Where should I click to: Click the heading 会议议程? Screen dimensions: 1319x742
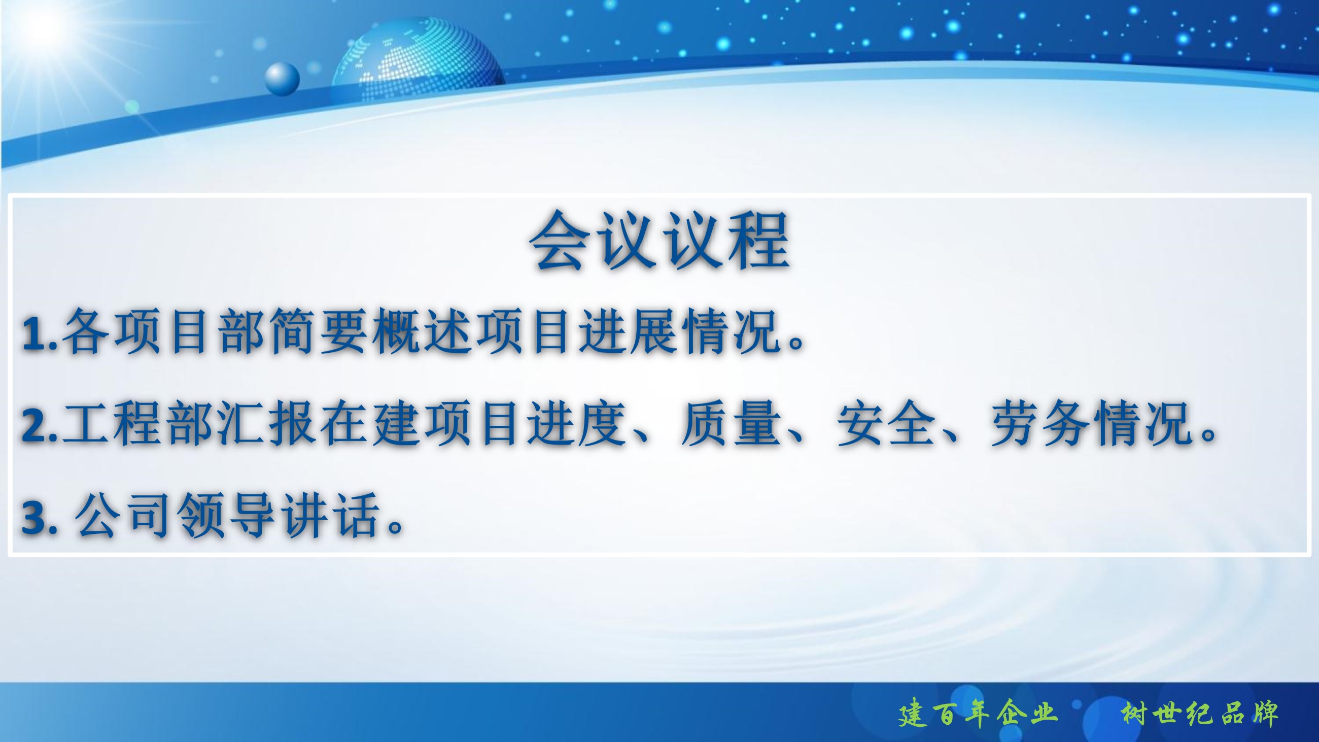(659, 240)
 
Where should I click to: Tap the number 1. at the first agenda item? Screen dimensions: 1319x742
(40, 333)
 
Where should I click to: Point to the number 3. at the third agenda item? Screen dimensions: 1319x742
(39, 518)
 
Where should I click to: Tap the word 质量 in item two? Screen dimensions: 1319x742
(731, 424)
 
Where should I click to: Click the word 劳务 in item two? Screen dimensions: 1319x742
(1040, 424)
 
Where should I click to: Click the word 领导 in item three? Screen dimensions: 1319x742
(226, 516)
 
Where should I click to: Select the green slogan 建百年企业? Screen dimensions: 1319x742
(978, 713)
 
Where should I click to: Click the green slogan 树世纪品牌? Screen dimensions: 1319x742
(1199, 713)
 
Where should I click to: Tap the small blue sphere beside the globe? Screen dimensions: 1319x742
(282, 79)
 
